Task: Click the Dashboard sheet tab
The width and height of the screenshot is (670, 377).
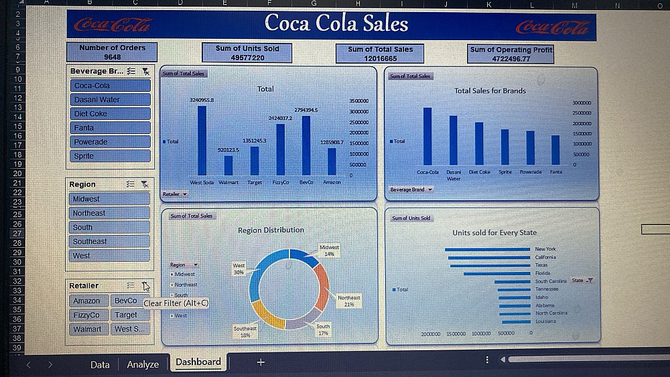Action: (198, 362)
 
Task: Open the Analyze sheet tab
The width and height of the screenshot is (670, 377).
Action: (143, 364)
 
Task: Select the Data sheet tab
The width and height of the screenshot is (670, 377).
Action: (100, 364)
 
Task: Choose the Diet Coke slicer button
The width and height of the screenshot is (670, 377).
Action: (110, 114)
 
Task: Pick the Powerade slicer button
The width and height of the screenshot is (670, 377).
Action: (110, 142)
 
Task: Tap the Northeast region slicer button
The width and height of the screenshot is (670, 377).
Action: (109, 213)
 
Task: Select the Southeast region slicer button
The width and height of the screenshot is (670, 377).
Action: (109, 241)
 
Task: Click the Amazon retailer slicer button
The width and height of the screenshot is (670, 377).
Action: (86, 301)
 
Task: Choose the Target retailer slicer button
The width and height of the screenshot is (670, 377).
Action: (126, 315)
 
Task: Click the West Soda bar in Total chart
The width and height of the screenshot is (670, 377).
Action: (202, 141)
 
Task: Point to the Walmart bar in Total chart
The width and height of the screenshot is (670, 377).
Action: (228, 165)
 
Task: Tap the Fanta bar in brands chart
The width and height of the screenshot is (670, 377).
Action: (555, 150)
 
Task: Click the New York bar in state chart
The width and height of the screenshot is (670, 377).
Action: (487, 249)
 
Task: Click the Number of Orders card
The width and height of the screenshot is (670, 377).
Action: (112, 52)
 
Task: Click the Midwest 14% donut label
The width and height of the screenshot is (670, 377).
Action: (329, 250)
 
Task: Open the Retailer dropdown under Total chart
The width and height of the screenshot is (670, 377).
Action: (175, 194)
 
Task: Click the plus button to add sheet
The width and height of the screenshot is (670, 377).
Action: (261, 362)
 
